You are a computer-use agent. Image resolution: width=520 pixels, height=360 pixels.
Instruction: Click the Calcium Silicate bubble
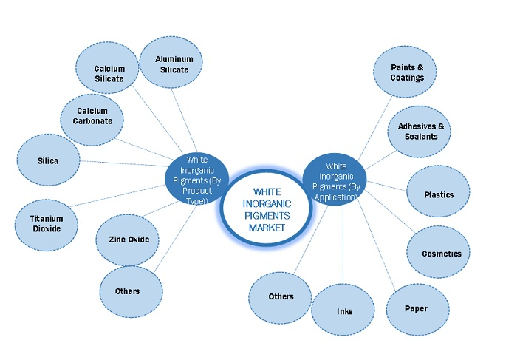point(109,74)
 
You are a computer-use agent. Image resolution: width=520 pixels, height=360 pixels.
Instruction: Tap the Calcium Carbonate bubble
point(92,116)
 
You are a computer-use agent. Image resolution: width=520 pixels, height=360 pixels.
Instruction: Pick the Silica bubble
point(48,160)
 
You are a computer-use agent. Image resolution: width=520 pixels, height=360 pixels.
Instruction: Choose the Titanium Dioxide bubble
point(47,223)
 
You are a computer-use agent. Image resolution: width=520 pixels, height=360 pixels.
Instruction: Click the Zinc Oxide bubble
point(128,240)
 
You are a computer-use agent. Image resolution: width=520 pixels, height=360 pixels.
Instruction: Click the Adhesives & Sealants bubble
point(418,131)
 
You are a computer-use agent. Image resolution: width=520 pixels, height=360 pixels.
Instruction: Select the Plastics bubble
point(438,194)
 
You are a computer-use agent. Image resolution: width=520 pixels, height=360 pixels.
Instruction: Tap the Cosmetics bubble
point(441,254)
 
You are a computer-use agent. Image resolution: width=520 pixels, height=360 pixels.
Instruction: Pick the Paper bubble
point(416,308)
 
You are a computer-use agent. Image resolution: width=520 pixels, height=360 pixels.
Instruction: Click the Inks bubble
point(343,310)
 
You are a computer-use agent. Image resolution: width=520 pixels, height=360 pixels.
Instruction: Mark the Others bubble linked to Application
point(280,296)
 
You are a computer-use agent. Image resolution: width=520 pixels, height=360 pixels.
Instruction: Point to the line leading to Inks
point(342,244)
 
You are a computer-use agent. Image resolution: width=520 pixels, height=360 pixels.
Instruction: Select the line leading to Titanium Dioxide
point(122,196)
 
